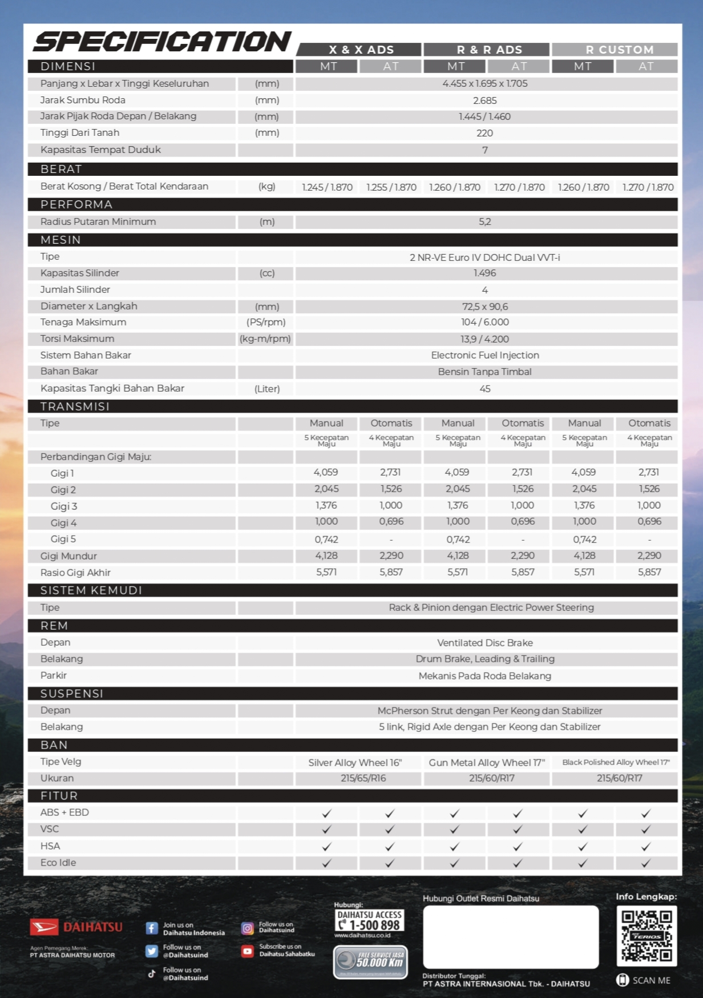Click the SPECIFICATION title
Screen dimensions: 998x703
163,42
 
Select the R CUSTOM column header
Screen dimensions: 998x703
619,50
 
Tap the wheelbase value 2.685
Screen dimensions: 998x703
484,100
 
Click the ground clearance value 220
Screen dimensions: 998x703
484,133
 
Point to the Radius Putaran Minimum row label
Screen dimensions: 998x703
98,222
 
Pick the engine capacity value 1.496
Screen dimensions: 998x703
484,273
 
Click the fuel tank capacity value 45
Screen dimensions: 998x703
484,389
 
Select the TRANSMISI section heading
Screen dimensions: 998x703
75,407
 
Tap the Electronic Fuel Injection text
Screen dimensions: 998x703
484,355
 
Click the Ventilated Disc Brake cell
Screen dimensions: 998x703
484,643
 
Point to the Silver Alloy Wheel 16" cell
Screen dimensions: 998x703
355,763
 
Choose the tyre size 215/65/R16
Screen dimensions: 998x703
363,778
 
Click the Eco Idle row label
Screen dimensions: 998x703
58,863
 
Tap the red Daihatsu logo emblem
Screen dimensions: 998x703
44,927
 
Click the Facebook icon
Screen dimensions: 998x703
152,928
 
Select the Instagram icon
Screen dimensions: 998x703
248,928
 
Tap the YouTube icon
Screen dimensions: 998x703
248,951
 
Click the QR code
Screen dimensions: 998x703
647,936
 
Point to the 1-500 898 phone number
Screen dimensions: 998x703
374,924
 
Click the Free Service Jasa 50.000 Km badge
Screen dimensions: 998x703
370,961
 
